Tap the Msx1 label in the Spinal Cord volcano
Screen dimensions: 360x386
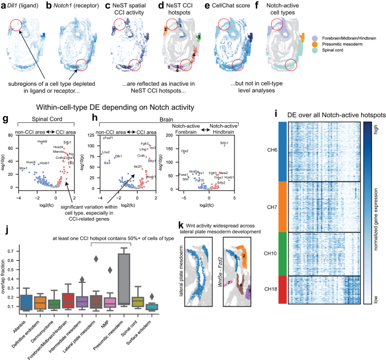(x=24, y=167)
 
